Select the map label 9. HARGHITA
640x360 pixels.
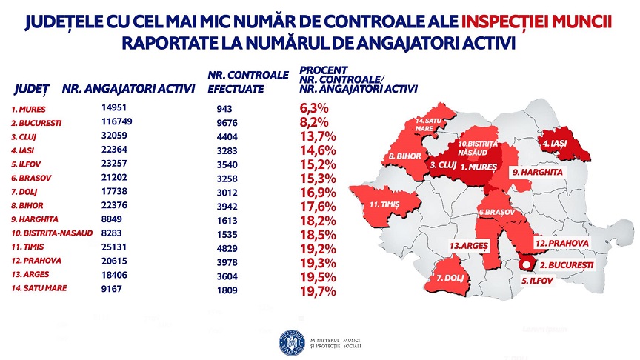pyautogui.click(x=538, y=172)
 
